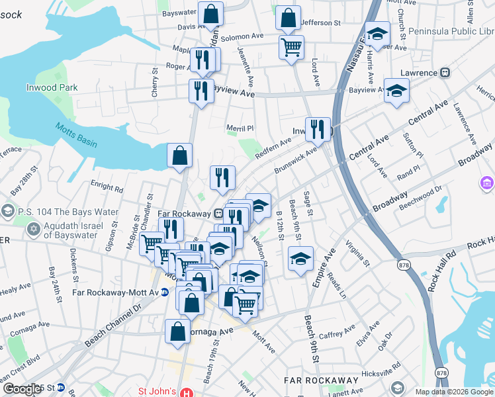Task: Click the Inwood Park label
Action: [52, 87]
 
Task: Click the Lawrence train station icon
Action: [446, 73]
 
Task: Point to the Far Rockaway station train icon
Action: [218, 214]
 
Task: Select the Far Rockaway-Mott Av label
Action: [110, 291]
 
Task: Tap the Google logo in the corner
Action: [21, 389]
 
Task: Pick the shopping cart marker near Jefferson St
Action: [291, 47]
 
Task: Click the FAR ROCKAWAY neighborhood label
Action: [321, 380]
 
